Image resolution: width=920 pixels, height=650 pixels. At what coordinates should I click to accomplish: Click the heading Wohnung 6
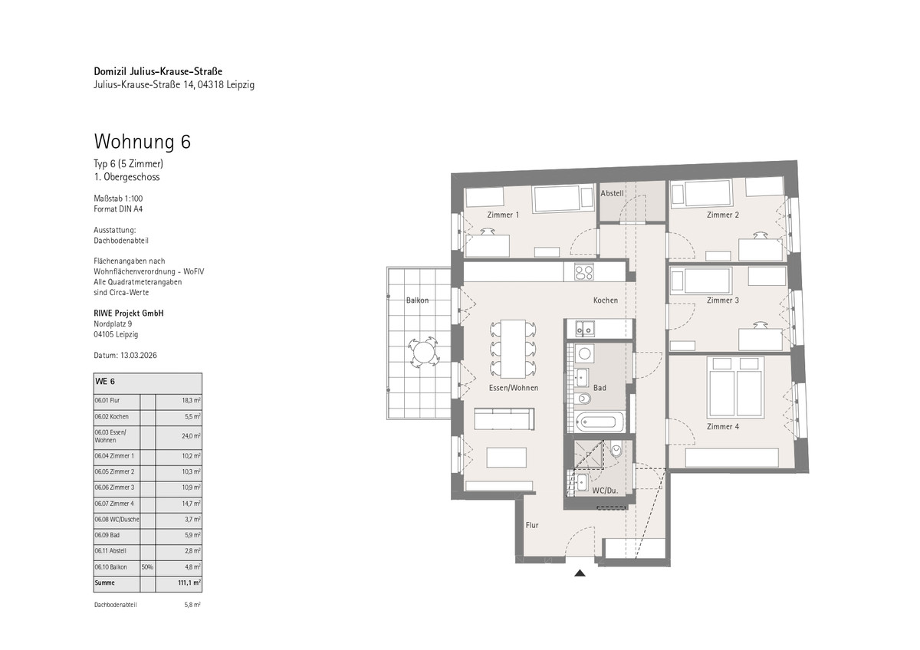[142, 142]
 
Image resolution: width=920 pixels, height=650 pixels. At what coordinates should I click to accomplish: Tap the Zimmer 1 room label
[503, 215]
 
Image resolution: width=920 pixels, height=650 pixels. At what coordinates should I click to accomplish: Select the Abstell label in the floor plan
[612, 193]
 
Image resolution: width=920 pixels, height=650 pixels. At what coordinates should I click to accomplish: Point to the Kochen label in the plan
[606, 300]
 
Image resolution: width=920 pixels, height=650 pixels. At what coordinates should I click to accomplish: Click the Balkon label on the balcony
[417, 300]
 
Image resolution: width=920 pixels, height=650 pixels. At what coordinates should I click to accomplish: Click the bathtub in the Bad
[600, 422]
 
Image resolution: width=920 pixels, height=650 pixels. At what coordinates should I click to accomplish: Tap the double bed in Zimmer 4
[735, 388]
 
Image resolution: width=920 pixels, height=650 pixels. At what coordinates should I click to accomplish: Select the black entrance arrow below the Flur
[580, 573]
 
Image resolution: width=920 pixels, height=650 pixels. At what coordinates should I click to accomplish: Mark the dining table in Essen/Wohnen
[513, 349]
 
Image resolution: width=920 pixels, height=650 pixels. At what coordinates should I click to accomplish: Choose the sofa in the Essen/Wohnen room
[504, 419]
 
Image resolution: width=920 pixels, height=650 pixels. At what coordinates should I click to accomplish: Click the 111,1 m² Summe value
[189, 583]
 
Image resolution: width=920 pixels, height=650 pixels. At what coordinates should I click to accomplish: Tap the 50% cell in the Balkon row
[147, 567]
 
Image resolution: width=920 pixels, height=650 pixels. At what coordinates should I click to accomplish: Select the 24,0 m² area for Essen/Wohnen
[191, 436]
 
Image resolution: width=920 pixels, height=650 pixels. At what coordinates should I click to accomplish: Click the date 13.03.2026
[139, 355]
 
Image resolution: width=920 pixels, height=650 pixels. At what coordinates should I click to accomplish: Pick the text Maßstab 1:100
[118, 199]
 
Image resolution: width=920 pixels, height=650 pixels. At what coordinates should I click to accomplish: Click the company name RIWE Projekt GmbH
[129, 314]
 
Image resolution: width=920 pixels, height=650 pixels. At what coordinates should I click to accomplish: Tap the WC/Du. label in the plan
[605, 491]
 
